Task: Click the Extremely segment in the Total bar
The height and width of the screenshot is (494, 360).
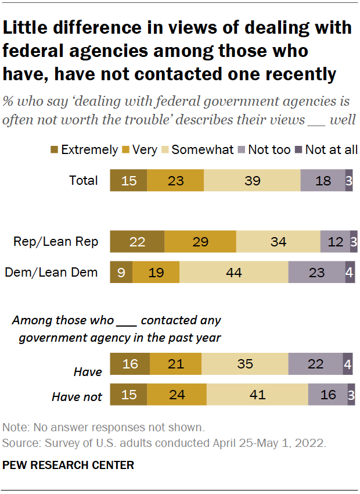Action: (x=128, y=180)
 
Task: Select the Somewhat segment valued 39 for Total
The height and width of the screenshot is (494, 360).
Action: (x=252, y=180)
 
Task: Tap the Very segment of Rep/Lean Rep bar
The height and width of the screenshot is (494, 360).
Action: (x=200, y=241)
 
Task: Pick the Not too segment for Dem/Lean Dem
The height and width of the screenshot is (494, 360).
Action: (x=316, y=272)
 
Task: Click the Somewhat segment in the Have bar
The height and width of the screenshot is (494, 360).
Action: (x=244, y=364)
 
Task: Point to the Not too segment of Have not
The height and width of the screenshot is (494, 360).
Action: (x=328, y=395)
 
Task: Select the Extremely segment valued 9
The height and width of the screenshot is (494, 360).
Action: (x=121, y=272)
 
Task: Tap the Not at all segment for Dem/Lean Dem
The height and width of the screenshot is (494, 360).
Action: (x=350, y=272)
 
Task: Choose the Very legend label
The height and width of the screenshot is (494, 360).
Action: (x=145, y=150)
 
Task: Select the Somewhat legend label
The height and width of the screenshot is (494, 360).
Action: (x=202, y=150)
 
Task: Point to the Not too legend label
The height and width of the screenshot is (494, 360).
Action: (x=269, y=150)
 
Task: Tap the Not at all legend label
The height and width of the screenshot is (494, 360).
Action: (x=332, y=150)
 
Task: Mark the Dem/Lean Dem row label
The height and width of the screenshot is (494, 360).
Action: (x=52, y=272)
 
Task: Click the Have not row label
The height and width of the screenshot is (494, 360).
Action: (x=77, y=397)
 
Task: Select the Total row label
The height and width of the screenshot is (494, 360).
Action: (x=84, y=181)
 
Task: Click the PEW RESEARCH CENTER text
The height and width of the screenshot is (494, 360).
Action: (x=69, y=465)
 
